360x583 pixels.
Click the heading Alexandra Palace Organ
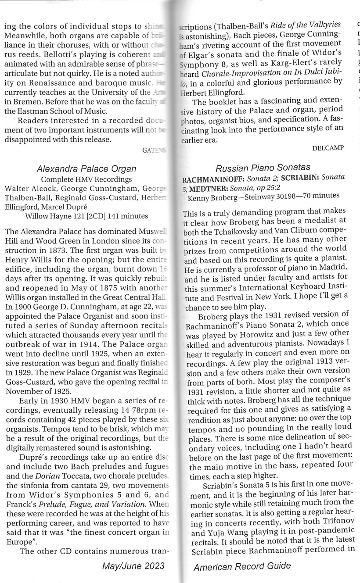[x=86, y=169]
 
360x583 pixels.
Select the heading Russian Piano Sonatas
[x=263, y=168]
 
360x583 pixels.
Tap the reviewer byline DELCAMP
[x=328, y=148]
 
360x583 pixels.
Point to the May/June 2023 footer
[x=133, y=566]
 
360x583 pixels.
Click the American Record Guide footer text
[x=242, y=566]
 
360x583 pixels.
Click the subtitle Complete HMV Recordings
[x=86, y=179]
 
